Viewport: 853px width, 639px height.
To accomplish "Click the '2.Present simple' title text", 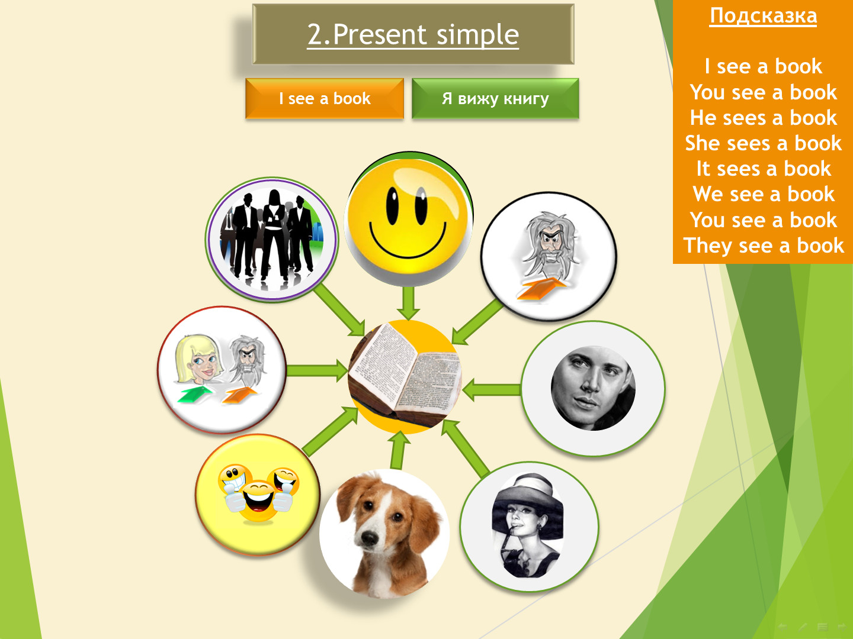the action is tap(413, 34).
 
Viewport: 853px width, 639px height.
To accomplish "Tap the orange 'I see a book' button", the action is tap(325, 99).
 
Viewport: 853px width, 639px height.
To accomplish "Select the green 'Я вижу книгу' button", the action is tap(495, 99).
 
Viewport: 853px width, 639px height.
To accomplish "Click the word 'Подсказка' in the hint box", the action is tap(763, 17).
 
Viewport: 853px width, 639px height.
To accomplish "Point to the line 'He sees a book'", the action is tap(763, 117).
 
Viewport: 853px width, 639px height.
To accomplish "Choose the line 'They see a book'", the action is tap(764, 246).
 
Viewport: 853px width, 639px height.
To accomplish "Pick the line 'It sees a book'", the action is tap(763, 169).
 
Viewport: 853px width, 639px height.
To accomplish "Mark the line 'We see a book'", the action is tap(764, 194).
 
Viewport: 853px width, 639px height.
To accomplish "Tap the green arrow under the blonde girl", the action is tap(195, 394).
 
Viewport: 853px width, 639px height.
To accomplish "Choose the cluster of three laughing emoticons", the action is tap(258, 493).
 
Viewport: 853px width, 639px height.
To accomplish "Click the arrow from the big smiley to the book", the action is tap(408, 303).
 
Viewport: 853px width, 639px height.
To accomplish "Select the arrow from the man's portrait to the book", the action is tap(492, 390).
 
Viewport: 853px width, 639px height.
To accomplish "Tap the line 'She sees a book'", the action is tap(763, 143).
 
